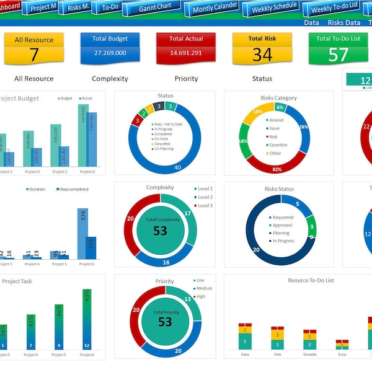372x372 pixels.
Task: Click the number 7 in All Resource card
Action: (x=34, y=54)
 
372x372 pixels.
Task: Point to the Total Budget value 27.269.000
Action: (x=110, y=53)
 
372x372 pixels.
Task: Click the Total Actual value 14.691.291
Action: (x=185, y=53)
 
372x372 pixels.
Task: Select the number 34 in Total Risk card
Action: (x=262, y=55)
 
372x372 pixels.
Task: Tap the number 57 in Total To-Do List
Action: (x=338, y=55)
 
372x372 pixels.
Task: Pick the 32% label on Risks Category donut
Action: (x=277, y=169)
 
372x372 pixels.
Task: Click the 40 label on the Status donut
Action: (x=177, y=167)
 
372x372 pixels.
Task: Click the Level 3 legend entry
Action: (x=205, y=205)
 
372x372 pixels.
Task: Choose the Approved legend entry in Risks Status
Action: (x=282, y=226)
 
